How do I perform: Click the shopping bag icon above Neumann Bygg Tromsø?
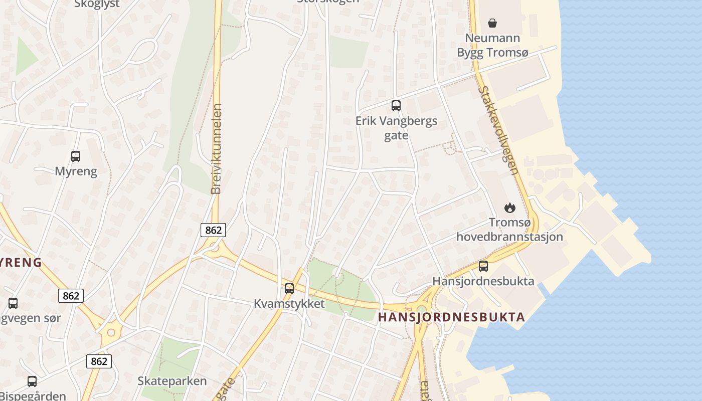pyautogui.click(x=492, y=23)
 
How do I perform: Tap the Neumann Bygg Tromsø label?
pyautogui.click(x=492, y=45)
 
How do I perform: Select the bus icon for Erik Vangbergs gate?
pyautogui.click(x=396, y=106)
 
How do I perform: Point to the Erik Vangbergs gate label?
pyautogui.click(x=396, y=128)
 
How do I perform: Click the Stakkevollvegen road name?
pyautogui.click(x=498, y=130)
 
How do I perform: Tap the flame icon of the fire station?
pyautogui.click(x=509, y=208)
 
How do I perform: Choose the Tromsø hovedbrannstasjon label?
pyautogui.click(x=509, y=230)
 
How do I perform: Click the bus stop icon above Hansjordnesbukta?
pyautogui.click(x=483, y=266)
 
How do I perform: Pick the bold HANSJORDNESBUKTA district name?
pyautogui.click(x=451, y=317)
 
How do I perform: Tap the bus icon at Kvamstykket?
pyautogui.click(x=289, y=288)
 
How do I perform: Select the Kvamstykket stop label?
pyautogui.click(x=289, y=304)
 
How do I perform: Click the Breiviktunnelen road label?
pyautogui.click(x=217, y=149)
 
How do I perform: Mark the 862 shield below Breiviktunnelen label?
pyautogui.click(x=214, y=230)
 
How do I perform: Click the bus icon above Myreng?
pyautogui.click(x=76, y=156)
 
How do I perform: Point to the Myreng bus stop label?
pyautogui.click(x=76, y=171)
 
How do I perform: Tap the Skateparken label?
pyautogui.click(x=172, y=381)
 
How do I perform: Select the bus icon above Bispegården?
pyautogui.click(x=32, y=381)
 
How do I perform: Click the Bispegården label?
pyautogui.click(x=33, y=396)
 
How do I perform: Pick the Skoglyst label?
pyautogui.click(x=97, y=4)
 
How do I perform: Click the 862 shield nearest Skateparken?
pyautogui.click(x=99, y=361)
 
